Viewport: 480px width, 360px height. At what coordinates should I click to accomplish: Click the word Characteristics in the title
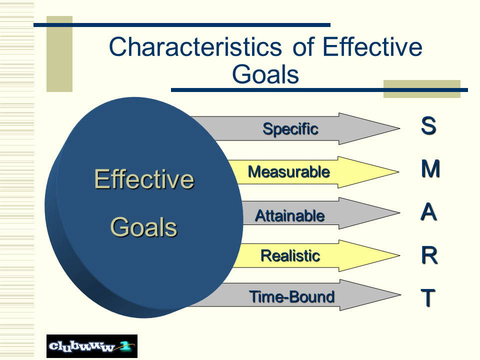coord(195,46)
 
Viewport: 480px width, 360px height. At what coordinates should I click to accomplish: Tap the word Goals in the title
coord(265,74)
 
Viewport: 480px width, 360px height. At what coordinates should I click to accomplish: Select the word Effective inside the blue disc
coord(144,179)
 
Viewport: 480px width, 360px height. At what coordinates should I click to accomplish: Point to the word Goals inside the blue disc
coord(143,227)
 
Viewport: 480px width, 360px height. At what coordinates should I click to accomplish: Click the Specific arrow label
coord(290,129)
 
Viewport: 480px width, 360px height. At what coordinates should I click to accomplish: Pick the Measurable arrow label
coord(289,171)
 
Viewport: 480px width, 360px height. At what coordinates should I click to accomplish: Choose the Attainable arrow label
coord(289,215)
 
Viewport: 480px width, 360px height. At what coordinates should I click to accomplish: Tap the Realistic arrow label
coord(290,255)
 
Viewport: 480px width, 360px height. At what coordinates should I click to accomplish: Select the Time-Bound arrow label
coord(291,296)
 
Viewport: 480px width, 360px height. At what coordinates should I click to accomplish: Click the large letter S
coord(428,125)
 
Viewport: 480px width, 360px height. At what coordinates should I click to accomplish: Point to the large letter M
coord(430,168)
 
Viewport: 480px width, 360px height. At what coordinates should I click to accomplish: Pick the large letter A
coord(428,211)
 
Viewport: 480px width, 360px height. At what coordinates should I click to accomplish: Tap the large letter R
coord(429,255)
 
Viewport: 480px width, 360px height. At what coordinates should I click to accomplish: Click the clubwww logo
coord(92,346)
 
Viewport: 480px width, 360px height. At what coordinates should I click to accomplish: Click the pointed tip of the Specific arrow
coord(399,128)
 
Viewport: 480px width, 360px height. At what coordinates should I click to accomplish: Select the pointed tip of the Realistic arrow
coord(399,255)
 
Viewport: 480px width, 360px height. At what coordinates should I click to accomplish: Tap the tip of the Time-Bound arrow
coord(400,295)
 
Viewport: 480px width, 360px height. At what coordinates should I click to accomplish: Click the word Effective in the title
coord(372,46)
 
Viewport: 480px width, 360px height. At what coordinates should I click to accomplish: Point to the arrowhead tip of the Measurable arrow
coord(398,171)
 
